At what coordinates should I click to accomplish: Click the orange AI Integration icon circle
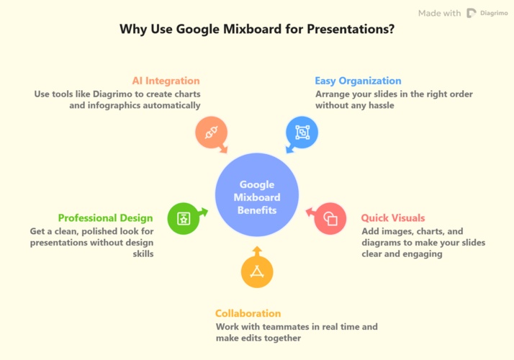[212, 132]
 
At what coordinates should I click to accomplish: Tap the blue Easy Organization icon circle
[302, 132]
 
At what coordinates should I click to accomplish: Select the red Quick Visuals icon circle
[330, 218]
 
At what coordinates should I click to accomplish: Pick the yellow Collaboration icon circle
[257, 272]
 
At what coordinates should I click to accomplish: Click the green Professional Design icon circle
[184, 218]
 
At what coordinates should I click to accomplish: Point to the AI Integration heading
[166, 81]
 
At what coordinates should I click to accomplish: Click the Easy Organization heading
[358, 81]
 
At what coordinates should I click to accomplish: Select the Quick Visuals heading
[392, 217]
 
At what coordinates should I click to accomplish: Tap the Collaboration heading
[248, 313]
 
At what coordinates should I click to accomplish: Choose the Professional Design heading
[106, 217]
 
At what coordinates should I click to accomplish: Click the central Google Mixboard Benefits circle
[257, 197]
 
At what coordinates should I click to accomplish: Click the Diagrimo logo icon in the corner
[472, 13]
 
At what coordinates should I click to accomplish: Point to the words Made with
[439, 13]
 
